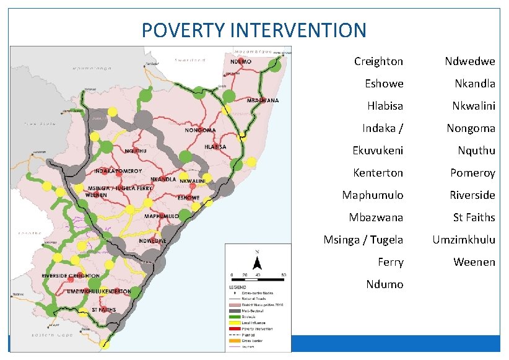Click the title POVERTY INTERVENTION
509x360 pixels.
254,29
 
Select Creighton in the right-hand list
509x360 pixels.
378,61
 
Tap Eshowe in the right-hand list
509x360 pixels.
384,84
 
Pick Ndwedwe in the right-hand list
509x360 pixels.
470,61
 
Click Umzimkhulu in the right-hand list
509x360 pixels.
464,240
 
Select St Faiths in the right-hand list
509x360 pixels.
474,217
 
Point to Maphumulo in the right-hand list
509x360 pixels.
372,195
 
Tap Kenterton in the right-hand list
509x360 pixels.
378,173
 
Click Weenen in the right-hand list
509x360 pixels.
474,262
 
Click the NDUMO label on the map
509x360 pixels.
241,63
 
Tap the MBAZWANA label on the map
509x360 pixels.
263,100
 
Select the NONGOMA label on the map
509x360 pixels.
200,131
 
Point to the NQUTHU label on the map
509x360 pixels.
136,151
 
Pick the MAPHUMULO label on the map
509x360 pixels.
162,216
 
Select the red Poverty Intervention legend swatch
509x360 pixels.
235,328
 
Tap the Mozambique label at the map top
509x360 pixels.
252,50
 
